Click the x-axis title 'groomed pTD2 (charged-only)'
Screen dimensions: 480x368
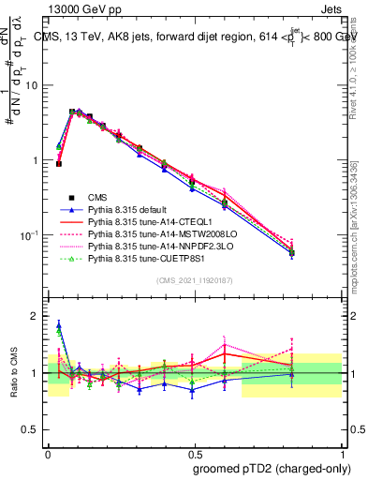point(268,468)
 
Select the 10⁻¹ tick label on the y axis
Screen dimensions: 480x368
point(31,234)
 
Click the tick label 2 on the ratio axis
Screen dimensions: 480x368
point(37,316)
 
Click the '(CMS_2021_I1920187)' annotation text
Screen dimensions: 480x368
point(194,282)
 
